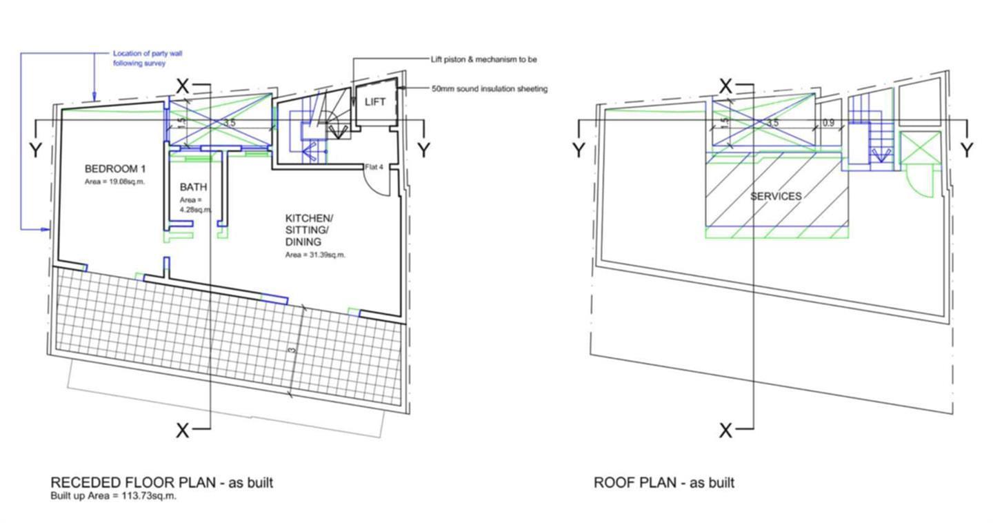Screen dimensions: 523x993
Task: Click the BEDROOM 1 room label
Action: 115,169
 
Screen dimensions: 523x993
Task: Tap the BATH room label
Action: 193,187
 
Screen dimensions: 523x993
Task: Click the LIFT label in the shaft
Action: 375,102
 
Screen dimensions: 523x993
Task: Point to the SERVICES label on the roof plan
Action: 776,197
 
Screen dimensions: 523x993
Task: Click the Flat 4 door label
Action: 374,167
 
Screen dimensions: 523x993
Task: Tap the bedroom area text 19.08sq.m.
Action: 115,183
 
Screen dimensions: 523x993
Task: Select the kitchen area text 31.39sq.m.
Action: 315,255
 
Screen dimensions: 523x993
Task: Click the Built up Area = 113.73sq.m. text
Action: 114,495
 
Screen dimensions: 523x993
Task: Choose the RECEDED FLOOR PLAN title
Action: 162,482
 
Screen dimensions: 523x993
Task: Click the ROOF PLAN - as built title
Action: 663,482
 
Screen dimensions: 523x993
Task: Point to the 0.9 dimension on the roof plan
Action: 828,124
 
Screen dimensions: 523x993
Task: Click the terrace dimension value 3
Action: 292,351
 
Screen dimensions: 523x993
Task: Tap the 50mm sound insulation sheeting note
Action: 489,88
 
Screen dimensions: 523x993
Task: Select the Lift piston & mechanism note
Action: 482,60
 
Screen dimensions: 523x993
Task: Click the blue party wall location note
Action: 148,58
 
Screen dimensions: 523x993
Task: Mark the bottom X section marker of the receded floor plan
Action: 182,431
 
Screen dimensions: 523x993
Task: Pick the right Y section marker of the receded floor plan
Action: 424,150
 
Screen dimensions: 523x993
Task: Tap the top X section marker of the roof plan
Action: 725,86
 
